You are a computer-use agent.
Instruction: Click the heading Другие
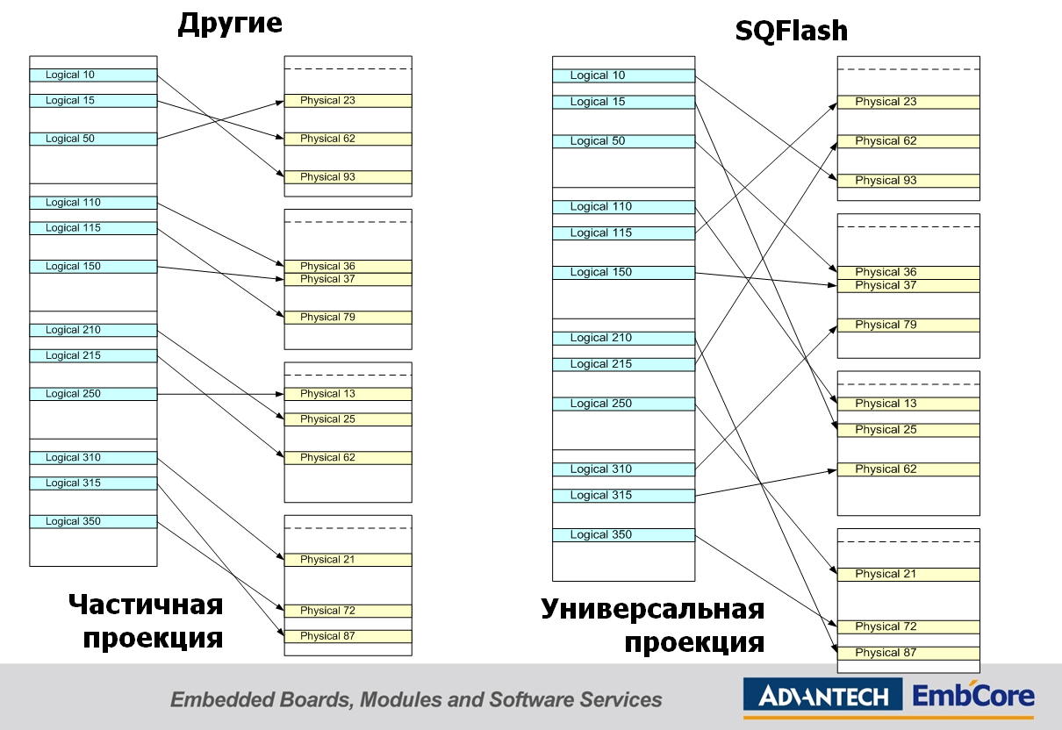click(230, 24)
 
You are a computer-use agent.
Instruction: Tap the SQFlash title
click(791, 32)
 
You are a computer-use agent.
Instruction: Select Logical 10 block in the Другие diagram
click(93, 75)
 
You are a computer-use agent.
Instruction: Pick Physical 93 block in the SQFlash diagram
click(908, 181)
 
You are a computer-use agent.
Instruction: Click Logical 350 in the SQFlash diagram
click(623, 535)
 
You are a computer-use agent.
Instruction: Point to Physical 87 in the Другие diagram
click(348, 636)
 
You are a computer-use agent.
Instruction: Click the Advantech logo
click(822, 698)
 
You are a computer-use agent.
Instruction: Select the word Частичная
click(146, 605)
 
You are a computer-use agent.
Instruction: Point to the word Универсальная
click(652, 609)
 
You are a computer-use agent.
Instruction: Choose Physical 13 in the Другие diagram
click(348, 394)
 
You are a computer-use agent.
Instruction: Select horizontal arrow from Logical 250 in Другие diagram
click(219, 394)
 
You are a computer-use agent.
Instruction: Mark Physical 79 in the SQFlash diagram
click(908, 326)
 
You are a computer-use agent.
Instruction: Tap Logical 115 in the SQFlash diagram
click(623, 233)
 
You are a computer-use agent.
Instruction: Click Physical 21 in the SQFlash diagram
click(908, 575)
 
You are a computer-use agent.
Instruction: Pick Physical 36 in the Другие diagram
click(348, 267)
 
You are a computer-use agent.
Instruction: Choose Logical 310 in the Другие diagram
click(93, 458)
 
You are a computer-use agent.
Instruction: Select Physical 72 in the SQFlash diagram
click(908, 627)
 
